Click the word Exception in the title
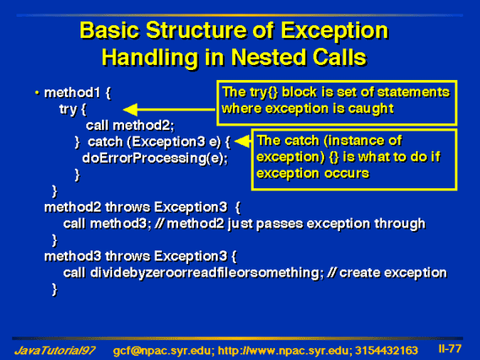tap(335, 31)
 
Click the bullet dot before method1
tap(37, 93)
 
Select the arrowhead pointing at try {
tap(130, 110)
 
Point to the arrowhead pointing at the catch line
tap(242, 142)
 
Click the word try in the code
tap(67, 110)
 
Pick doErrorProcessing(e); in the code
tap(155, 159)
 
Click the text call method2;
tap(130, 126)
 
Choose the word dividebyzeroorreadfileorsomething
tap(205, 273)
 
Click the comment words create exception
tap(393, 273)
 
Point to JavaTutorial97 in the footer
tap(55, 350)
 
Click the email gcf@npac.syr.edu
tap(162, 351)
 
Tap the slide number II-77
tap(450, 349)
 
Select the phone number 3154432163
tap(386, 351)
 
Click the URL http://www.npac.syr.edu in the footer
tap(283, 351)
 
